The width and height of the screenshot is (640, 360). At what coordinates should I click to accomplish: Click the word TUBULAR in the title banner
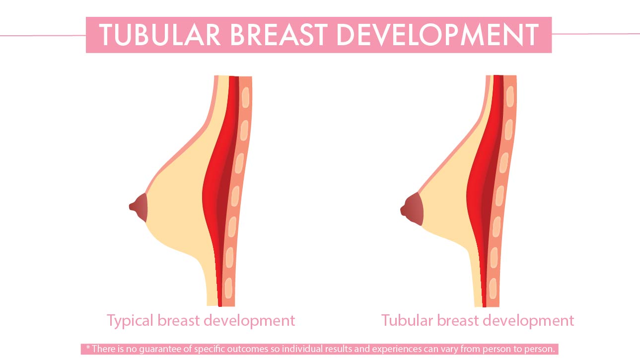point(160,35)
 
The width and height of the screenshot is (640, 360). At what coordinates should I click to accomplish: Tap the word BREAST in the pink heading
point(279,35)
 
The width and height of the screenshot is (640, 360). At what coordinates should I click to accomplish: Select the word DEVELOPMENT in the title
point(438,35)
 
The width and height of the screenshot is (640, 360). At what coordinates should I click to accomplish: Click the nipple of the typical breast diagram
point(139,208)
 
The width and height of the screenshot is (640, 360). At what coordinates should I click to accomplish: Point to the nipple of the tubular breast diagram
point(412,209)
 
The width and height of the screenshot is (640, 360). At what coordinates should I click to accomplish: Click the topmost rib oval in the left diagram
point(245,97)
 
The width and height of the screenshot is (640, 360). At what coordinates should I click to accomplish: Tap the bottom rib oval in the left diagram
point(228,288)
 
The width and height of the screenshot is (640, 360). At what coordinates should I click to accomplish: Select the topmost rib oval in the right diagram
point(510,96)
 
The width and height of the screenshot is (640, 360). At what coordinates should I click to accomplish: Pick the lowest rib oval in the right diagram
point(493,288)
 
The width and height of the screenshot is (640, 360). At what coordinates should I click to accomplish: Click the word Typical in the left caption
point(130,321)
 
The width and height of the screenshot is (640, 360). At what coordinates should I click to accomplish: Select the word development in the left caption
point(249,321)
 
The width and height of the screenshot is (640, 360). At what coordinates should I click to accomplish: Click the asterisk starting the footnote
point(88,348)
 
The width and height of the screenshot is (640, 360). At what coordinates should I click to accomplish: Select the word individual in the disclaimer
point(302,349)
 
